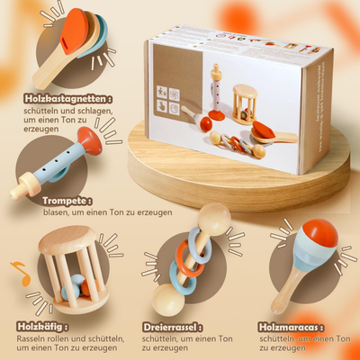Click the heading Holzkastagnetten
click(x=57, y=98)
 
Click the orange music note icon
click(x=17, y=268)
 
